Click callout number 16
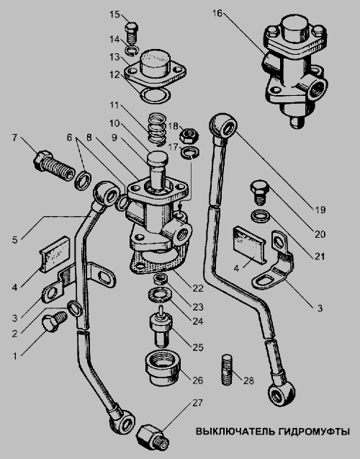(217, 14)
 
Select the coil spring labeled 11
(158, 129)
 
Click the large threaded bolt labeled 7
(53, 165)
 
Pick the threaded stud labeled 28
(228, 370)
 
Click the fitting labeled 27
(152, 437)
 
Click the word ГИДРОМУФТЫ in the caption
(314, 432)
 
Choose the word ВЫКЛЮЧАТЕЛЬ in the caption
(235, 432)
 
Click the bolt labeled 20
(259, 192)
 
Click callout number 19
(320, 210)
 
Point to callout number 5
(15, 240)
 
